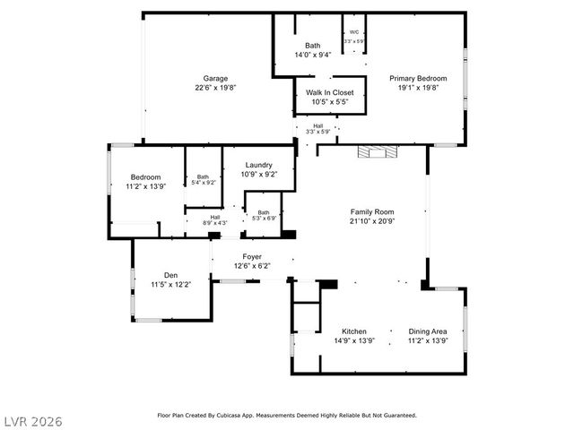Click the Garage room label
point(214,78)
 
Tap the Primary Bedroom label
point(417,78)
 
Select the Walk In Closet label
point(329,92)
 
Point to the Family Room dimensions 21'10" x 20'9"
point(371,220)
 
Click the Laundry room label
point(258,165)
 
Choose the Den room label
point(170,275)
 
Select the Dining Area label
point(426,331)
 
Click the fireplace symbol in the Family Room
point(377,152)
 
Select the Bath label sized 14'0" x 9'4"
point(312,46)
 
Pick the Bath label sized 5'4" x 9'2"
point(203,176)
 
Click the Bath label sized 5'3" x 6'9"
point(264,212)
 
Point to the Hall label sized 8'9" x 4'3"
point(215,217)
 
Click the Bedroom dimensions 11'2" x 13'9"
point(145,185)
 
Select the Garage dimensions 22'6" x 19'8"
point(214,87)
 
